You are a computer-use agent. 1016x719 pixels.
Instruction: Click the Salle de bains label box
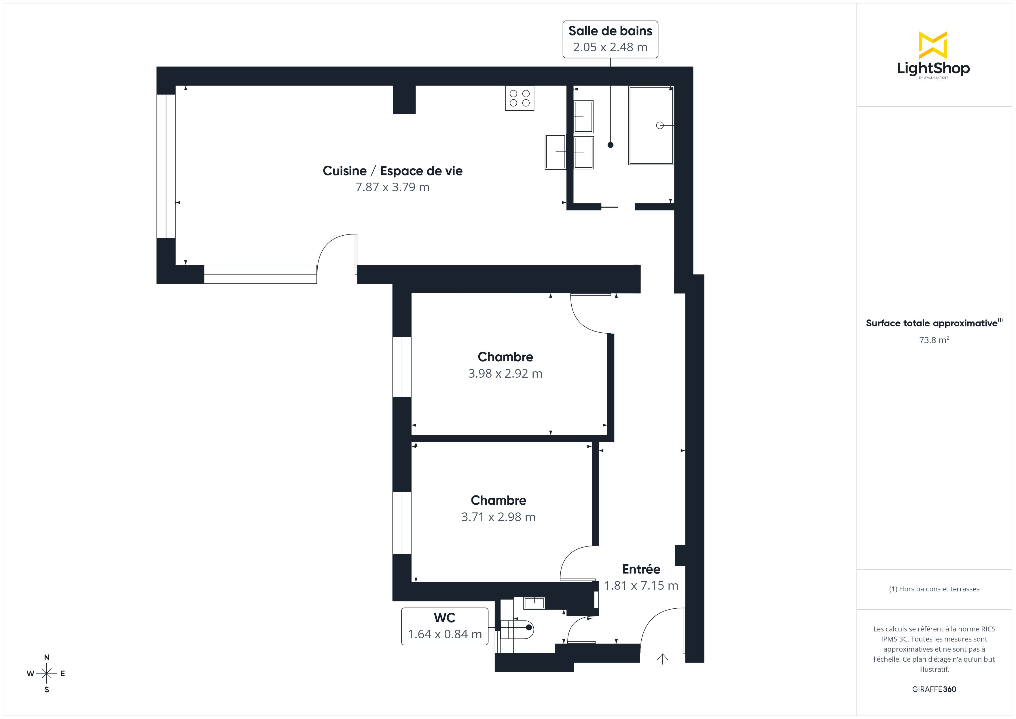(x=610, y=39)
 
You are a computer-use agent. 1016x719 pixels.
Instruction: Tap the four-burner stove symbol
(x=520, y=98)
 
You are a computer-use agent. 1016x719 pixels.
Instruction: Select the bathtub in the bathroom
(x=651, y=125)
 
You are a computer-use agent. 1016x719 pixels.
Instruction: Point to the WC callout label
(x=444, y=626)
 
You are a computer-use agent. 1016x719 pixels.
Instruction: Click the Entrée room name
(x=641, y=569)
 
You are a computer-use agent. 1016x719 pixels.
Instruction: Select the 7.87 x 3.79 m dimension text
(x=393, y=187)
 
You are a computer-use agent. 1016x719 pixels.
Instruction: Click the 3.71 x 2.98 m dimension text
(x=498, y=517)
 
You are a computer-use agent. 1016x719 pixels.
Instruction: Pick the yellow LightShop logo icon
(x=933, y=45)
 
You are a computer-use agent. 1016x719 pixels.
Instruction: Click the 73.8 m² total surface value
(x=934, y=340)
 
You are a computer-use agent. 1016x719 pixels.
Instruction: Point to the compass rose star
(x=46, y=673)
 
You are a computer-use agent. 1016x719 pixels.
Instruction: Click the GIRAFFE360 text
(x=934, y=689)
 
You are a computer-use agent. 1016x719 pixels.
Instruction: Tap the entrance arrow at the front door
(x=662, y=659)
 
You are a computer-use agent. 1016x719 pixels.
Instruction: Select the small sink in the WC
(x=534, y=603)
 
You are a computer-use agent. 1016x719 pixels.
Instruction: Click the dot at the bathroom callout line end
(x=610, y=145)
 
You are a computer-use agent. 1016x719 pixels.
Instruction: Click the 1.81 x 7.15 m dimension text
(x=641, y=586)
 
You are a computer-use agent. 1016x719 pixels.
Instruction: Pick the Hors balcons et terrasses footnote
(x=934, y=589)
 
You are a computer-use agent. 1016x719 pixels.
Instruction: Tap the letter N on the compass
(x=46, y=657)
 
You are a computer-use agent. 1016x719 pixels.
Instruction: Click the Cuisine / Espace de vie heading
(x=393, y=171)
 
